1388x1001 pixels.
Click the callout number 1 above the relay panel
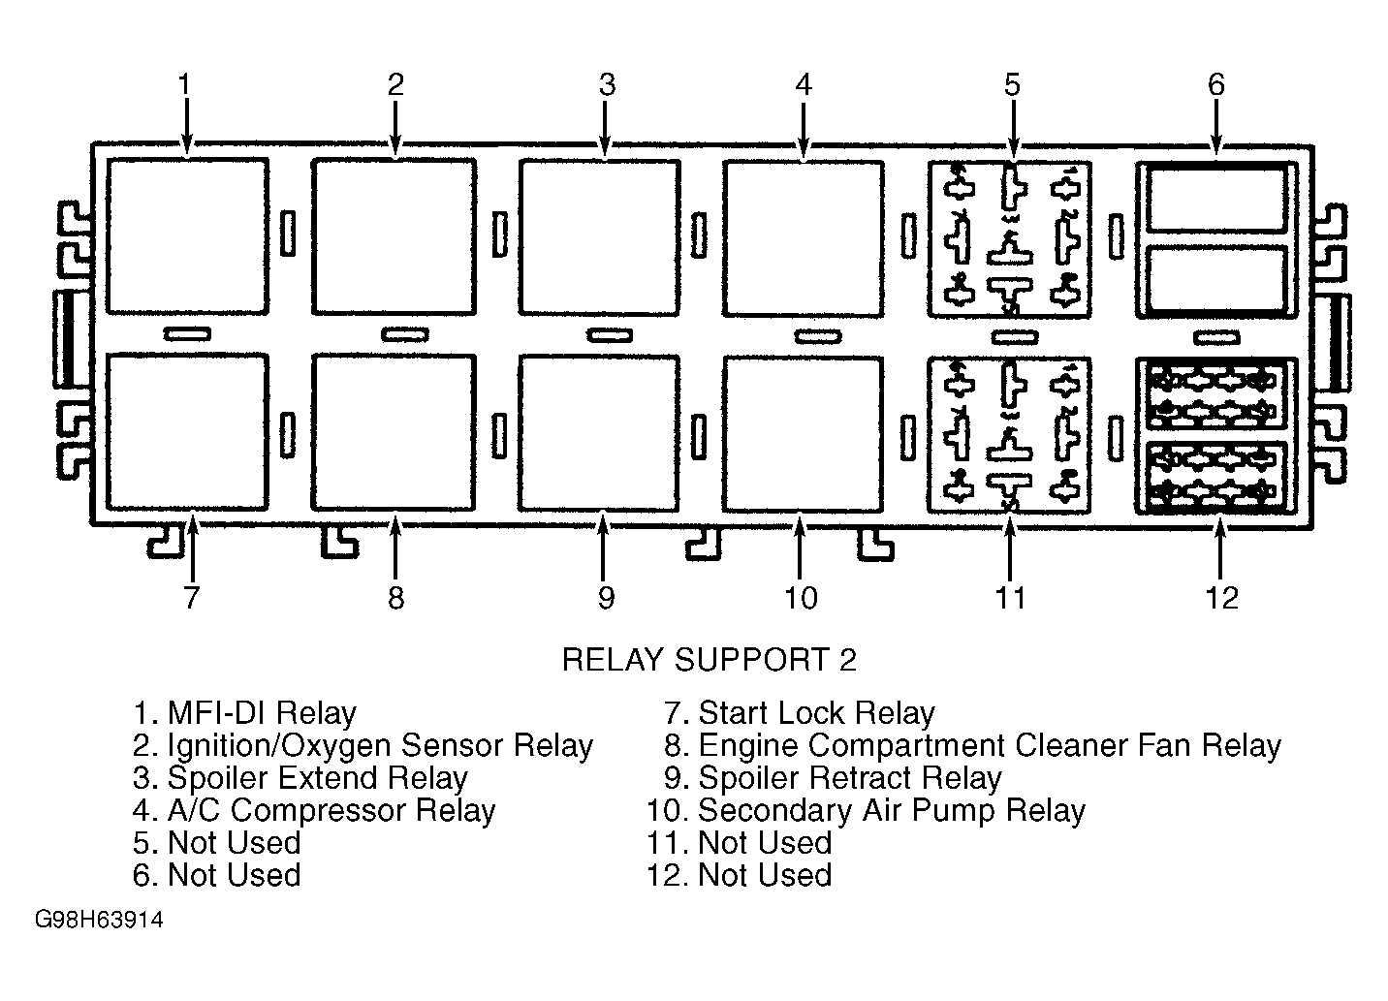184,84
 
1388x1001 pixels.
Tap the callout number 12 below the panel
1221,598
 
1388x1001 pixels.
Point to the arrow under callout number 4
804,130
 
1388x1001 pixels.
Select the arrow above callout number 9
603,546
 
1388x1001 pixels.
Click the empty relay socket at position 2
394,236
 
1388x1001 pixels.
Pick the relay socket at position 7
187,432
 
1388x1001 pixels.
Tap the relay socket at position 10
804,434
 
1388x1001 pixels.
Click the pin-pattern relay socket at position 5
1009,239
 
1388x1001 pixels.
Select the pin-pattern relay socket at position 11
1009,435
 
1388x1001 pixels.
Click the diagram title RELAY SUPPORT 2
709,660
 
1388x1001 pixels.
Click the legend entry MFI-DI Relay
245,713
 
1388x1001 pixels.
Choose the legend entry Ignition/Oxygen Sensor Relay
363,746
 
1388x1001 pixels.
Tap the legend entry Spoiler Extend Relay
300,778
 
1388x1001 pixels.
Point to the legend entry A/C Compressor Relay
314,811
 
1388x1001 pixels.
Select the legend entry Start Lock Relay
800,713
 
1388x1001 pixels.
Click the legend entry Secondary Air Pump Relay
867,811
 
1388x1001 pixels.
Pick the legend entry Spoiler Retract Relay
833,778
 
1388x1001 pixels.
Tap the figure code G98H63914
99,920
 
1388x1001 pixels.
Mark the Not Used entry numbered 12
740,875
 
